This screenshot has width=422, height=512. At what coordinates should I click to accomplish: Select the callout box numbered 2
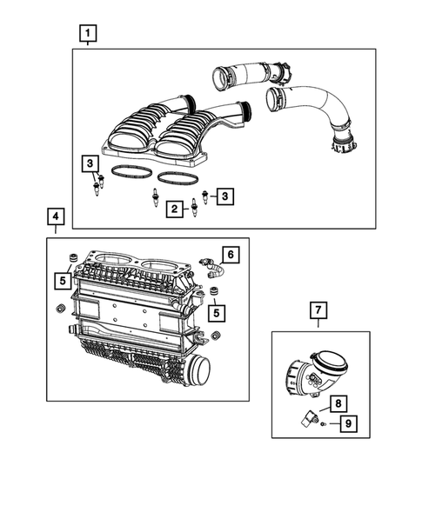[x=175, y=209]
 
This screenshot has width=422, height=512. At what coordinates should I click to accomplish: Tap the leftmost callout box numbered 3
[x=90, y=163]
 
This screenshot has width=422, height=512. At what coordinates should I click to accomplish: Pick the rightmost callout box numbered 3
[x=225, y=197]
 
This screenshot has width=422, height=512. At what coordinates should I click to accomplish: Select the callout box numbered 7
[x=318, y=309]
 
